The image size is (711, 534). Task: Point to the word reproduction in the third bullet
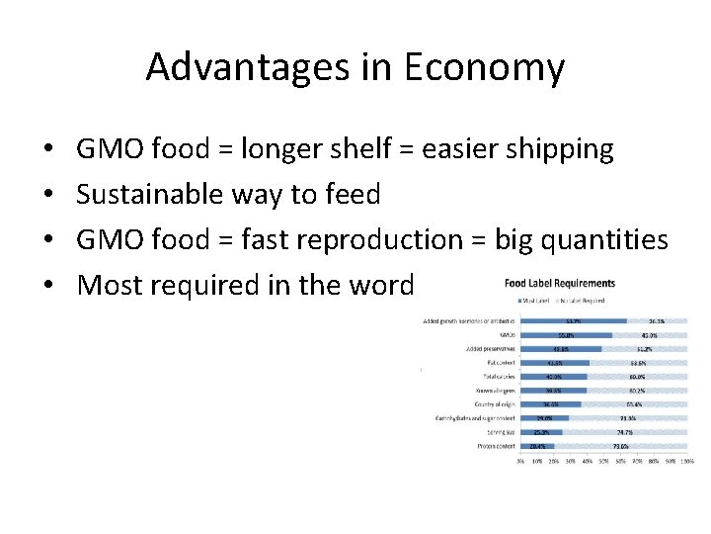tap(398, 240)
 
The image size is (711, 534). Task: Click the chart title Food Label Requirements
tap(559, 284)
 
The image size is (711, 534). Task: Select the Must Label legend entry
tap(534, 300)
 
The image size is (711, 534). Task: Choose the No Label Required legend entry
tap(587, 300)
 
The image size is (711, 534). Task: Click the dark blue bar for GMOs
tap(566, 334)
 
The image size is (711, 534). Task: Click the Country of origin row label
tap(490, 403)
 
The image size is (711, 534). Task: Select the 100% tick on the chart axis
tap(686, 462)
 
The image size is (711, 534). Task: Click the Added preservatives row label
tap(486, 348)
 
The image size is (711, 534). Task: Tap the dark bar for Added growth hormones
tap(573, 320)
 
